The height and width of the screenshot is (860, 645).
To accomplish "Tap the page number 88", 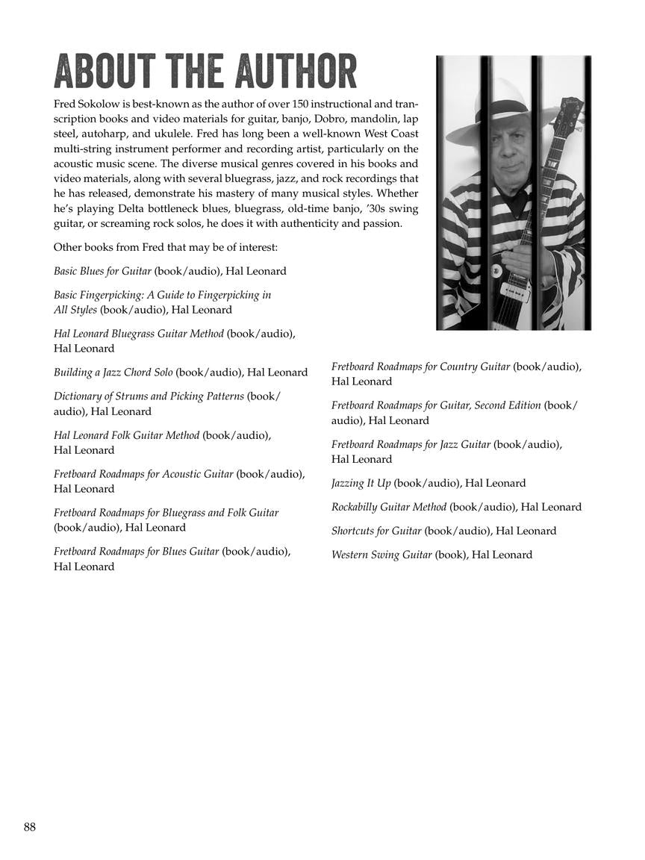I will pos(30,826).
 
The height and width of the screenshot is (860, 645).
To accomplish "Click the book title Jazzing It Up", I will pos(361,483).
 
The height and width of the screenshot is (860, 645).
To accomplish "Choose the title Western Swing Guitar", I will pos(381,555).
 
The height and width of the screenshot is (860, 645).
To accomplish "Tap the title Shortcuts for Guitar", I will pos(376,531).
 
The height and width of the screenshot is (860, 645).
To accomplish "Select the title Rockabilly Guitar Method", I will pos(388,507).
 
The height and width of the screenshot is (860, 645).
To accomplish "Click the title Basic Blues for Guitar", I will pos(102,271).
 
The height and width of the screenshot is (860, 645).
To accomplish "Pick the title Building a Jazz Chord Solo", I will pos(113,373).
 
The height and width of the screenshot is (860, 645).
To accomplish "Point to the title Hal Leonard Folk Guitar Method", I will pos(126,435).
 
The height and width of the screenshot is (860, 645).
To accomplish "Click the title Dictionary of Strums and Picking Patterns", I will pos(149,396).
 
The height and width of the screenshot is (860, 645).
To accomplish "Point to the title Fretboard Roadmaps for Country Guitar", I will pos(420,367).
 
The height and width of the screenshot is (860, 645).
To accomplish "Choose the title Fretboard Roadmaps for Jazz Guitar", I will pos(411,444).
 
